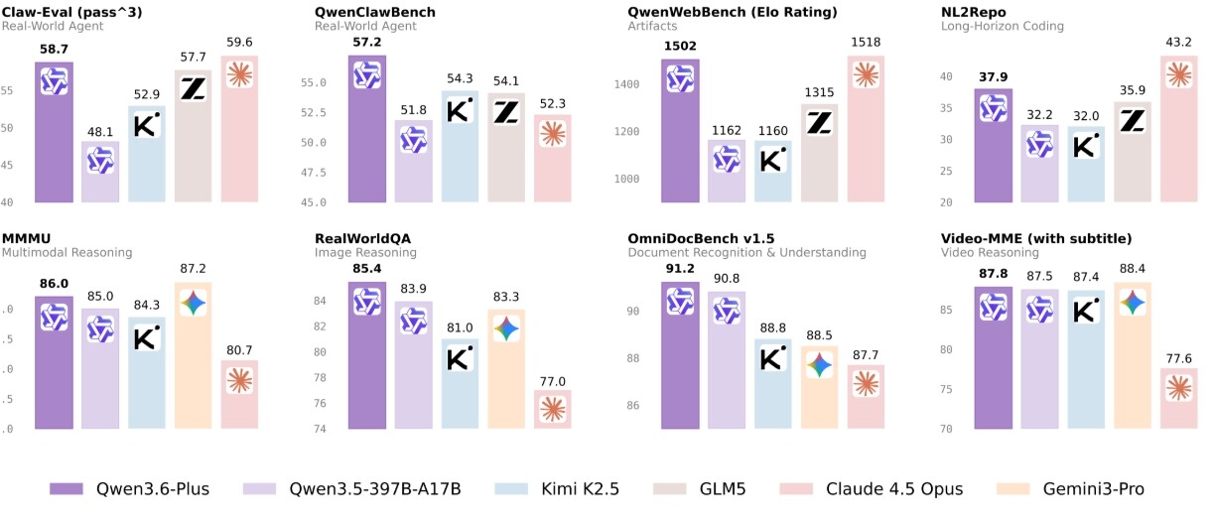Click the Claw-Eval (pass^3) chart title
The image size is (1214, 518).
click(x=72, y=12)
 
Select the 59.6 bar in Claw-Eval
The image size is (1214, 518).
click(x=239, y=129)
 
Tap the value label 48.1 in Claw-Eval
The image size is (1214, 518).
click(x=100, y=132)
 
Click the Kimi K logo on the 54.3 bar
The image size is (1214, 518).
click(x=460, y=111)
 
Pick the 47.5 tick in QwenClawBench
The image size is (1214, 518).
click(x=314, y=173)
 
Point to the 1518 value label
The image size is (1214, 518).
click(x=866, y=43)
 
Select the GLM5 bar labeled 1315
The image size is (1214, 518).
click(x=820, y=154)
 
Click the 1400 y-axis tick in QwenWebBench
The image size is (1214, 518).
click(x=626, y=84)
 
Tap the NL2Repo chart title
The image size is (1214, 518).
click(x=974, y=12)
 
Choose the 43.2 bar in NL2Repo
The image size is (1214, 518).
click(x=1179, y=129)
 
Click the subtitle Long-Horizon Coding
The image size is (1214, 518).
click(x=1003, y=26)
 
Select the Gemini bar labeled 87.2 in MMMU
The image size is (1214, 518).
click(x=193, y=355)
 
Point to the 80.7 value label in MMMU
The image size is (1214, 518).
click(x=239, y=350)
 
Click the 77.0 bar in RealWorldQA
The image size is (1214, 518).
click(x=553, y=409)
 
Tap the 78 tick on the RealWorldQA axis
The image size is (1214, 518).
click(x=321, y=378)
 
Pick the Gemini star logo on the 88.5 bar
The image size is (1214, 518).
click(x=820, y=365)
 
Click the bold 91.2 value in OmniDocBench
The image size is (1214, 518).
click(x=680, y=269)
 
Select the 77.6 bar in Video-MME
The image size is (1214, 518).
click(x=1179, y=398)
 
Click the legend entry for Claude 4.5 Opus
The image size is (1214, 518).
click(x=872, y=489)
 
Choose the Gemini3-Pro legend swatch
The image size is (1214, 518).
click(x=1012, y=489)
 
